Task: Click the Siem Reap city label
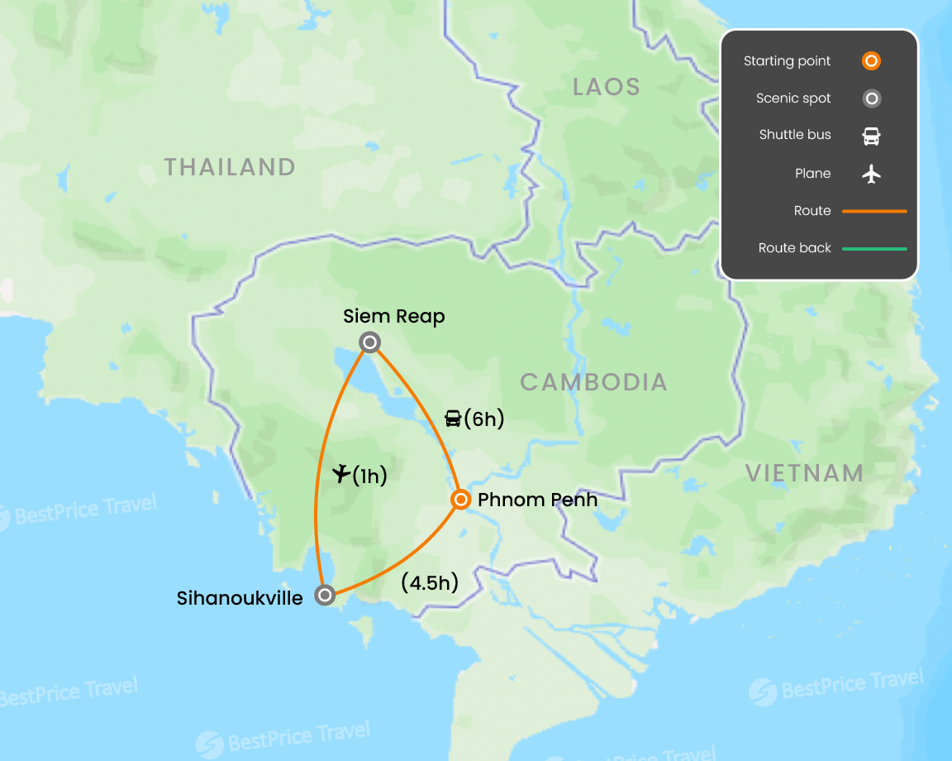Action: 394,316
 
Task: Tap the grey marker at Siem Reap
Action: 370,342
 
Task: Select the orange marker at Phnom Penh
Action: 461,500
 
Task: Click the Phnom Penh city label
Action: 537,500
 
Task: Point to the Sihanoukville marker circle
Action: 326,595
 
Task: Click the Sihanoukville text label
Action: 240,597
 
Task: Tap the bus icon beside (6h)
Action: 453,419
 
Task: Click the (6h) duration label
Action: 483,419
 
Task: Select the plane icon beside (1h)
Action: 341,474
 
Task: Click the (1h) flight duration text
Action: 369,476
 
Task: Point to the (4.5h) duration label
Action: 429,582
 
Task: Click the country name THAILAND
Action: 230,167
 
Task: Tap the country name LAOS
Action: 607,87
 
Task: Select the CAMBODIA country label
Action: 593,382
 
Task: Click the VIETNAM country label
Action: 805,473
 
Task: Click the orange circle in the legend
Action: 871,61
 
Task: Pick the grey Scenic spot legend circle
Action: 871,98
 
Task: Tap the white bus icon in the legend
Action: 871,136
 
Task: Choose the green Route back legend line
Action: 874,248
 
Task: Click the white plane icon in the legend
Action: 871,174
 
